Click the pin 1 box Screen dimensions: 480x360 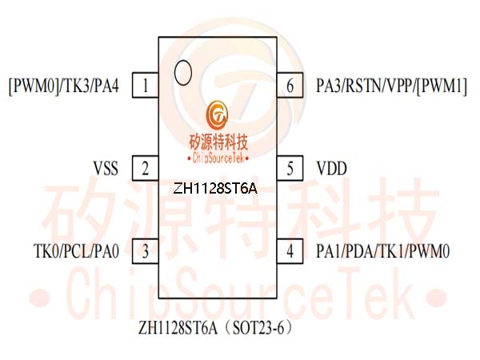click(x=145, y=85)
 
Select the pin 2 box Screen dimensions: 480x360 click(x=145, y=168)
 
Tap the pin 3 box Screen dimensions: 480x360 click(x=145, y=251)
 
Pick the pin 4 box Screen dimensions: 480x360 click(x=290, y=251)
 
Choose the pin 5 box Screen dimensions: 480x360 click(x=290, y=168)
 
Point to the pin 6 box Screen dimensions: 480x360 click(x=290, y=85)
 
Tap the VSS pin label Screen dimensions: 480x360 click(x=106, y=168)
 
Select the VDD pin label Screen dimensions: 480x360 click(x=331, y=168)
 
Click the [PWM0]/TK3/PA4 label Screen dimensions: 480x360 click(x=64, y=86)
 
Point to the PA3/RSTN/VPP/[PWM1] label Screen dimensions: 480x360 click(x=391, y=86)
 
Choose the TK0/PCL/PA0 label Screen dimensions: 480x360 click(x=76, y=251)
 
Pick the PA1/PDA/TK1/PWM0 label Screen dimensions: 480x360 click(x=383, y=251)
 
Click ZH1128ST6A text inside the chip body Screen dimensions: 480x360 click(x=215, y=189)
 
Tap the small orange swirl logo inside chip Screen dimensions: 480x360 click(x=217, y=115)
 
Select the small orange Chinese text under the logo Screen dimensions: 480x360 click(x=218, y=142)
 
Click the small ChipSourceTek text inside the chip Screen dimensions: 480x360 click(x=218, y=158)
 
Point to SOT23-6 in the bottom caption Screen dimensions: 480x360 click(x=258, y=328)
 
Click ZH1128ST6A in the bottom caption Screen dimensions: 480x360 click(x=178, y=328)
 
